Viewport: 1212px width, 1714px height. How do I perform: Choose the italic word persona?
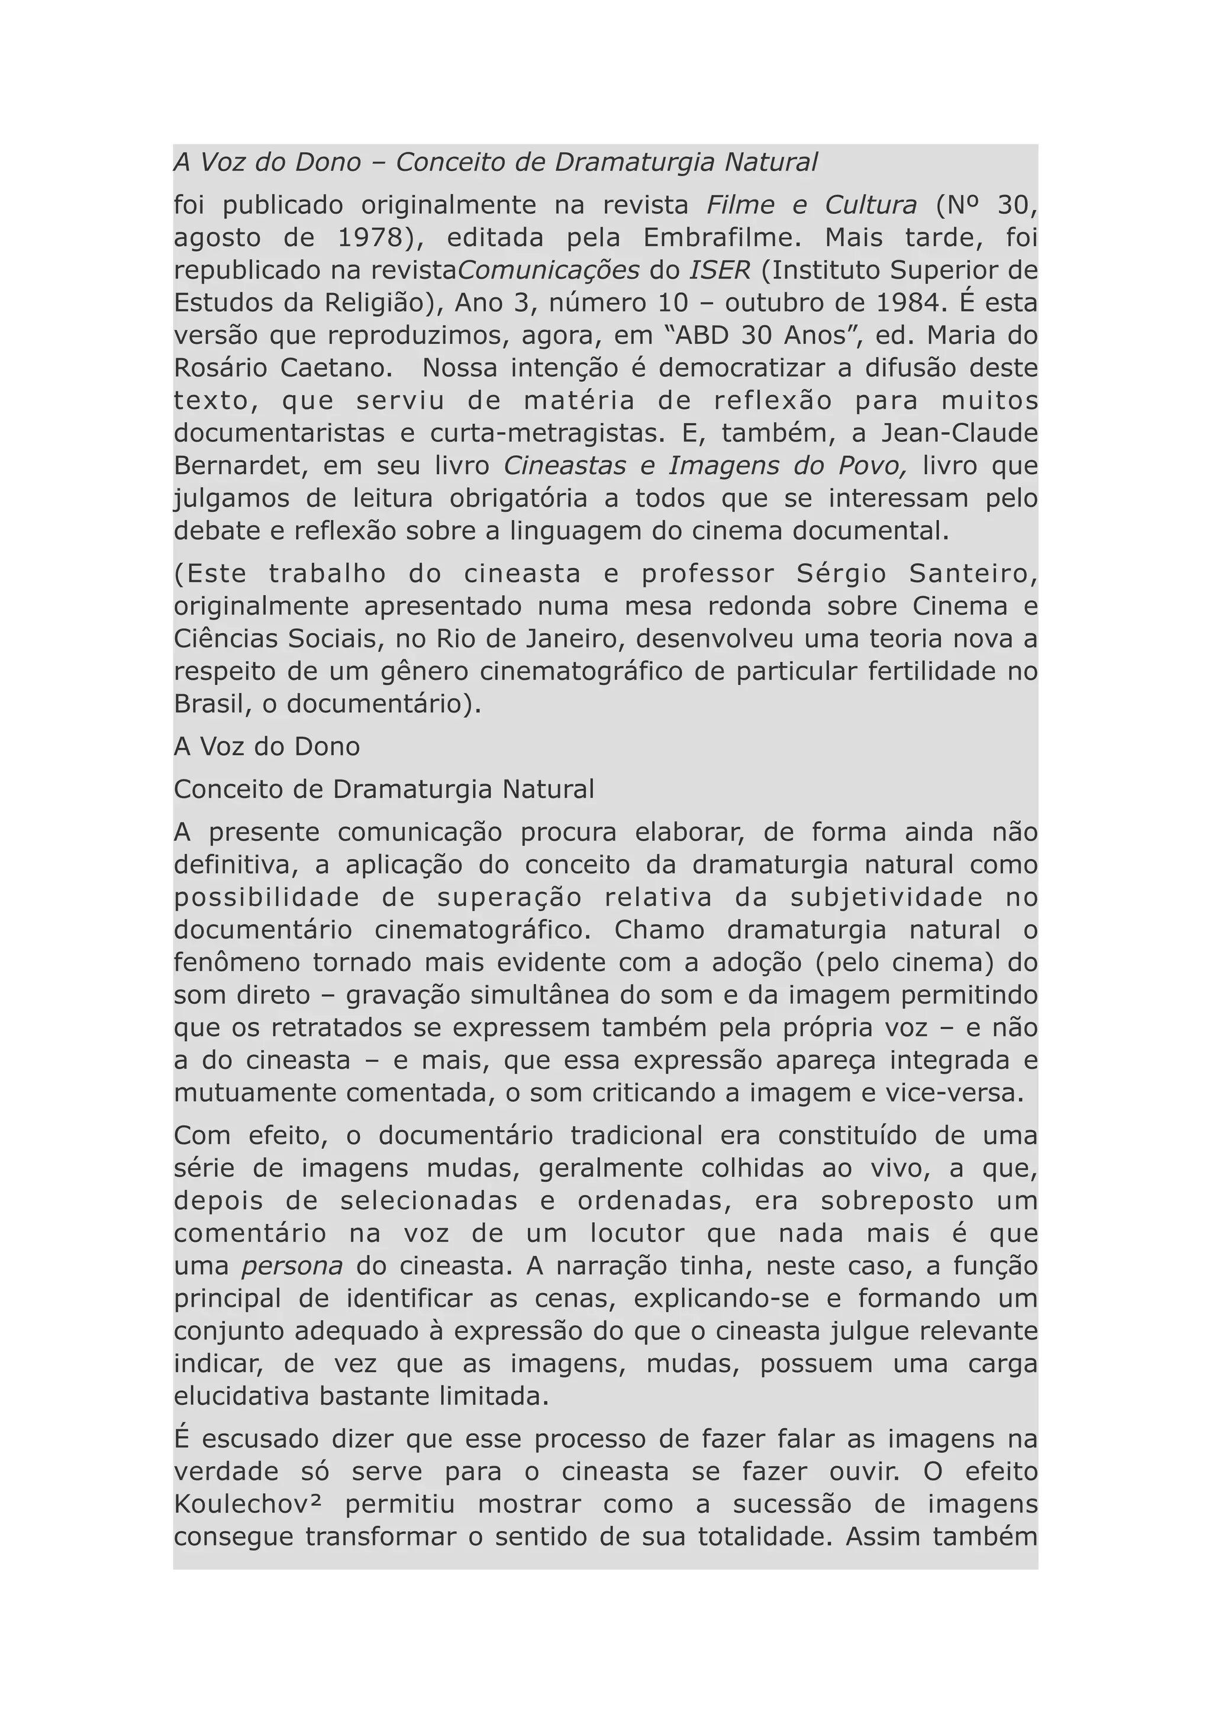point(292,1266)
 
